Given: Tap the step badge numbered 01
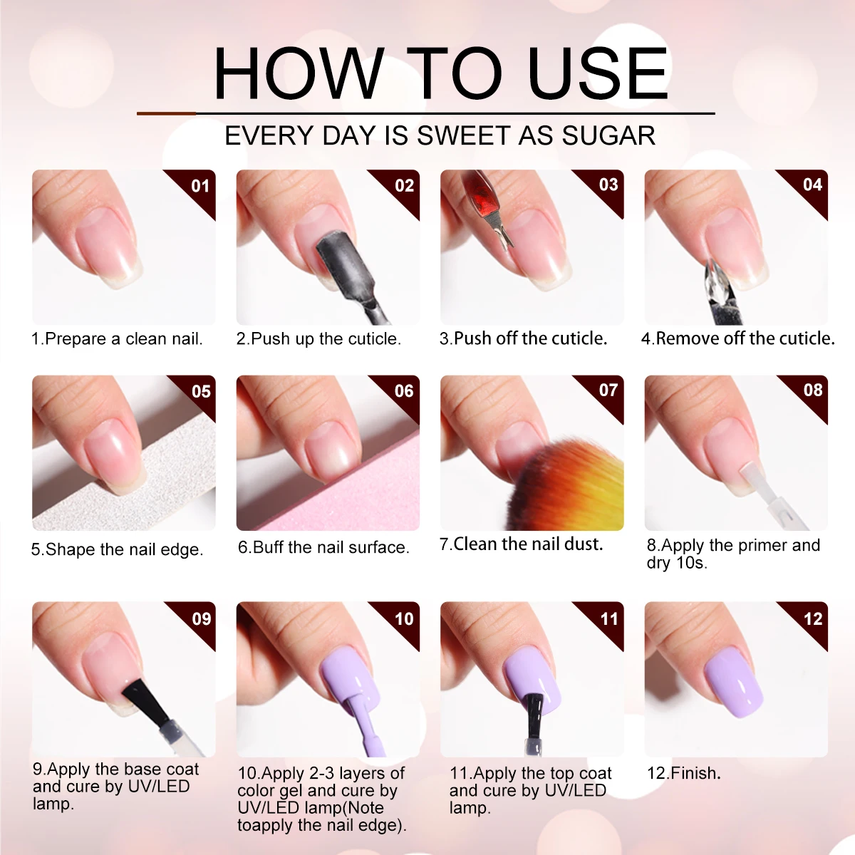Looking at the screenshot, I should tap(200, 187).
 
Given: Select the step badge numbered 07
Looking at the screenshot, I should tap(608, 390).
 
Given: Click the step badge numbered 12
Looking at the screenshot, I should tap(812, 618).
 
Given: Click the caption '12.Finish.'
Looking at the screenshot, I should tap(683, 773).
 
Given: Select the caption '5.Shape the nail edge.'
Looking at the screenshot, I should tap(117, 549).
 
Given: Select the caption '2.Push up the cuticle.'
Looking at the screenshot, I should tap(318, 338).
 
